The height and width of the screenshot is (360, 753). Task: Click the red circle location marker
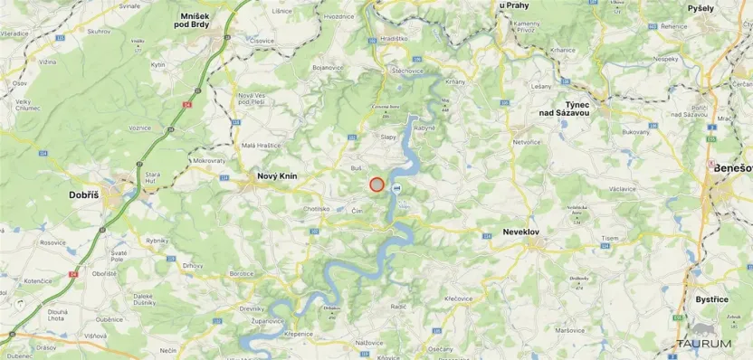376,185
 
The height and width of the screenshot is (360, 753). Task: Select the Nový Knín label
278,176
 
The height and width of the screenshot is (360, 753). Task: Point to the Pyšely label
700,8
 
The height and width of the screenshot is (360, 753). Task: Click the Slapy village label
388,137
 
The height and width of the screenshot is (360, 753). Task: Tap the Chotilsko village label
317,209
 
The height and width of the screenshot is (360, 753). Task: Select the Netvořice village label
527,142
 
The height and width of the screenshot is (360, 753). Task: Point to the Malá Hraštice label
261,145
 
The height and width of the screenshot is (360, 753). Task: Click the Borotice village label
242,273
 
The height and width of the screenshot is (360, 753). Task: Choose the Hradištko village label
395,39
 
